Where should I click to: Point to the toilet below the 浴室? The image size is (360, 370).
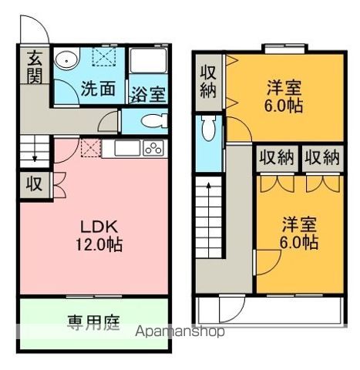pos(154,120)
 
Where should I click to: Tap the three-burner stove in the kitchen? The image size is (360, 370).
pos(151,148)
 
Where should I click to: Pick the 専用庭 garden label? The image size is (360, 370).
pos(92,322)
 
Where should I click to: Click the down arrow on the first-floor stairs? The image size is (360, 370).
pos(35,157)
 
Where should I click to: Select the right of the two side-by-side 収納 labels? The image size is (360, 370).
pos(322,157)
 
